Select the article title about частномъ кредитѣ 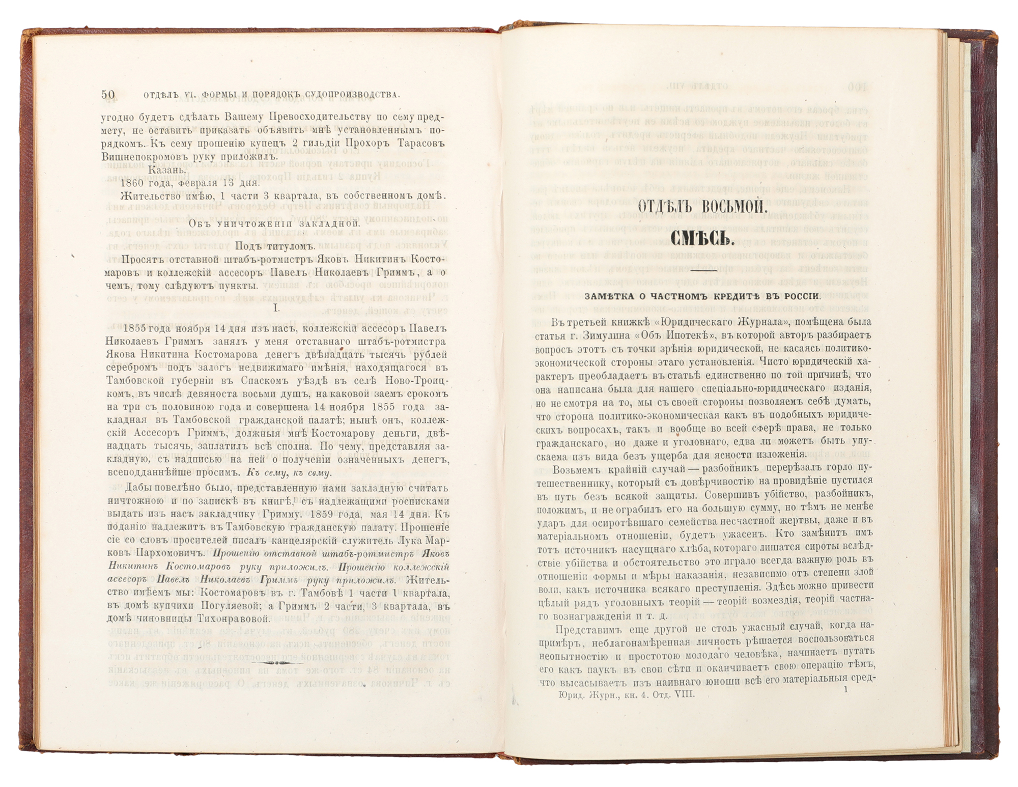703,296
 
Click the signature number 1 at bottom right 845,690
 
